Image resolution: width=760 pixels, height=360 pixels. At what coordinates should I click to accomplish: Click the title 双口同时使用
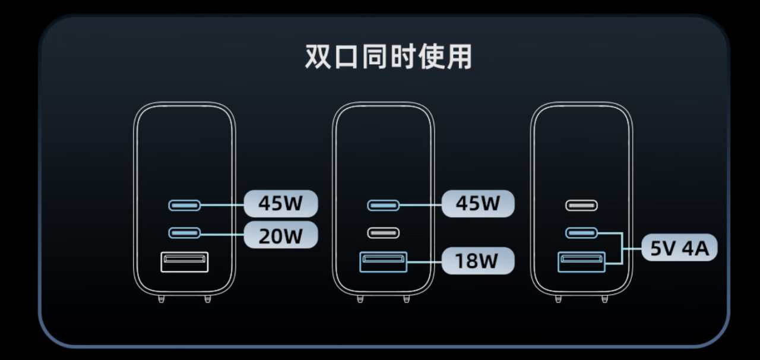(x=388, y=56)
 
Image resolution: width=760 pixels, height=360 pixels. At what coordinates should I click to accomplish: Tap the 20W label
(x=281, y=235)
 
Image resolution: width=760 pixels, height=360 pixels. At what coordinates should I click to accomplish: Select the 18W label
(x=478, y=261)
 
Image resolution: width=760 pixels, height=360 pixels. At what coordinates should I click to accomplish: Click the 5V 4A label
(x=679, y=248)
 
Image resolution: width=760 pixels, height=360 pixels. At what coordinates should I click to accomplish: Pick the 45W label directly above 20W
(x=281, y=203)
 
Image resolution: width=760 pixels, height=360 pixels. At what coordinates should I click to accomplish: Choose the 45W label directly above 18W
(x=478, y=203)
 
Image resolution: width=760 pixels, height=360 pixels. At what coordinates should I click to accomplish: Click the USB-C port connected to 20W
(x=184, y=233)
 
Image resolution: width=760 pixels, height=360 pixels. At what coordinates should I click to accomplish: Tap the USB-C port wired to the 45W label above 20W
(x=184, y=206)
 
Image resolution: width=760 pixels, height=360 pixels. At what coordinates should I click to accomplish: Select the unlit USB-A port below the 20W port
(x=184, y=262)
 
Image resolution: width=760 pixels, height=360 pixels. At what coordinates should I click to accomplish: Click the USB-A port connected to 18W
(x=383, y=262)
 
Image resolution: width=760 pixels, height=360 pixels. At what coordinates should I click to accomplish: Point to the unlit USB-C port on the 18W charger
(x=383, y=233)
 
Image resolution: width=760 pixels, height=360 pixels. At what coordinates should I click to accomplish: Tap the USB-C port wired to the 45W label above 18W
(x=383, y=206)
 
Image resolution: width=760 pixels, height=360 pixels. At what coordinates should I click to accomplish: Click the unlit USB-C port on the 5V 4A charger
(x=581, y=206)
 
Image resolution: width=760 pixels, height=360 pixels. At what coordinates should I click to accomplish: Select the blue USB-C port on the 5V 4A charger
(x=581, y=233)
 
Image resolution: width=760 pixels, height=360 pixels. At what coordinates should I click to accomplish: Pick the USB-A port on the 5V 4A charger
(x=581, y=262)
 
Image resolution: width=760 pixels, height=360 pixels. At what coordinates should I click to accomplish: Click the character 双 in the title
(x=318, y=56)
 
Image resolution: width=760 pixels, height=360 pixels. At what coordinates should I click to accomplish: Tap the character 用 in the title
(x=459, y=56)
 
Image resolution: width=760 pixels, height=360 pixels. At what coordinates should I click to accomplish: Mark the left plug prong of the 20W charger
(x=161, y=299)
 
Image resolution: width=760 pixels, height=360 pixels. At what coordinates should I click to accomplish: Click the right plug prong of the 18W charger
(x=407, y=299)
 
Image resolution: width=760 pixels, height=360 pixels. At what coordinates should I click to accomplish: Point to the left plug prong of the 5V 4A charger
(x=558, y=299)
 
